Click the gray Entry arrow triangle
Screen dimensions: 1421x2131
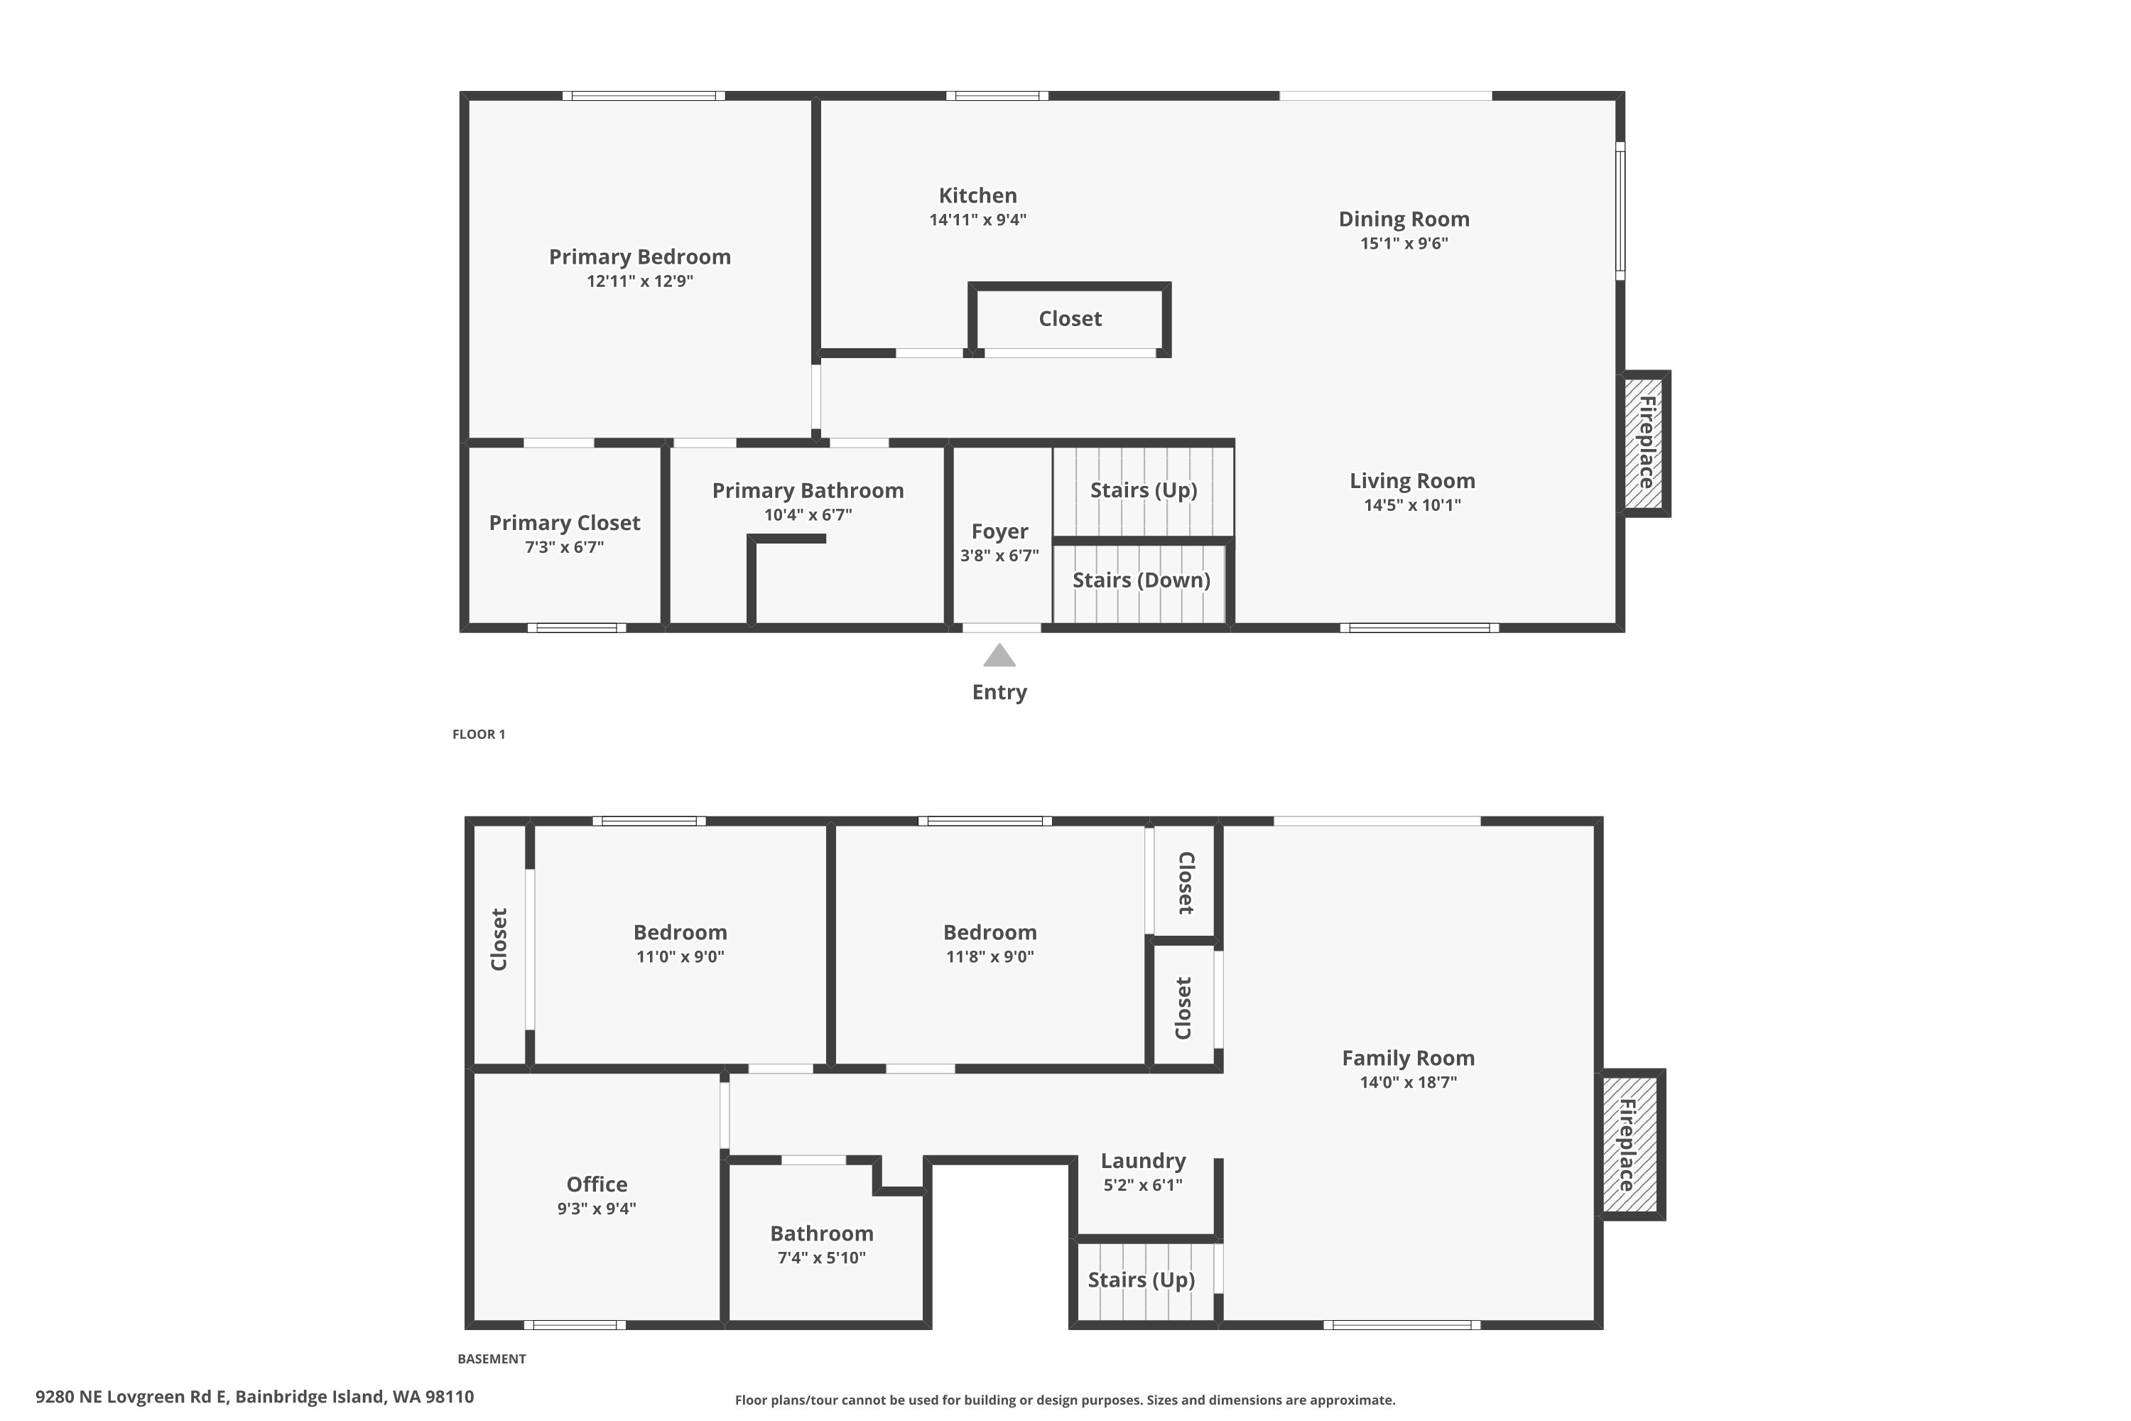click(x=999, y=656)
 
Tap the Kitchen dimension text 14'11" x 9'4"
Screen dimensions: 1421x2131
click(x=977, y=220)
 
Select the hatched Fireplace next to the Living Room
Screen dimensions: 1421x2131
click(x=1644, y=443)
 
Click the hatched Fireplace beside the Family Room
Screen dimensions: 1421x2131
click(x=1630, y=1145)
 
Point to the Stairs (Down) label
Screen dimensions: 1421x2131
click(x=1141, y=580)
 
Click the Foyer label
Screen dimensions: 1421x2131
click(x=999, y=531)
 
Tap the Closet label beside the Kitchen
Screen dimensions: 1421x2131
click(x=1070, y=319)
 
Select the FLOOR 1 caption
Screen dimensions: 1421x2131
click(x=478, y=734)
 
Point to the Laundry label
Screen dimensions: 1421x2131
click(x=1142, y=1161)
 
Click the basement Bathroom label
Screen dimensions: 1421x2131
click(x=822, y=1233)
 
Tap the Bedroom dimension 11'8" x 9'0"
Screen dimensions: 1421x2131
click(x=989, y=957)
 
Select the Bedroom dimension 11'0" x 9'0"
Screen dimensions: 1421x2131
click(x=680, y=957)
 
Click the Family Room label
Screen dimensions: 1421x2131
click(x=1408, y=1058)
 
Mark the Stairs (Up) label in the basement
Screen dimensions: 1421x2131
click(x=1141, y=1280)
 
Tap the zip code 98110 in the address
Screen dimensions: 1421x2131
click(x=450, y=1397)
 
